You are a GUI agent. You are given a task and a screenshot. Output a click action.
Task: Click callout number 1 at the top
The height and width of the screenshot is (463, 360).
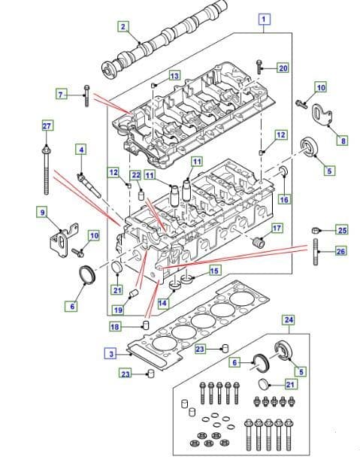coord(264,18)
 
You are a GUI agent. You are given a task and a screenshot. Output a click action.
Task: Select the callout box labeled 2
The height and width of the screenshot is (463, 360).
coord(123,27)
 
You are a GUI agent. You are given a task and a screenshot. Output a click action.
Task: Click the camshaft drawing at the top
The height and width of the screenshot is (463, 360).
coord(158,44)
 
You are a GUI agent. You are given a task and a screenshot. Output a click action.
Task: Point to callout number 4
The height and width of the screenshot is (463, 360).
coord(80,150)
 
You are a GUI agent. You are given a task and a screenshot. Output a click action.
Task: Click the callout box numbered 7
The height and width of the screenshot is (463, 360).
coord(62,94)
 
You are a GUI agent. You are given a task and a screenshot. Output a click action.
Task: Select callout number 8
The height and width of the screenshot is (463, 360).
coord(343,140)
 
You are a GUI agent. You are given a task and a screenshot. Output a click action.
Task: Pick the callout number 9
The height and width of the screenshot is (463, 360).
coord(42,213)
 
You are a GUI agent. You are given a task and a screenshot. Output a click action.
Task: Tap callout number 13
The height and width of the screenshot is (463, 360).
coord(174,76)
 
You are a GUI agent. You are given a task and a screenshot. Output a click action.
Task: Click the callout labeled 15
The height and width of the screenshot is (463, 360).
coord(214,271)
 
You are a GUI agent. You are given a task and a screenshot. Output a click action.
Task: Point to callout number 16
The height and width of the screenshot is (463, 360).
coord(283,200)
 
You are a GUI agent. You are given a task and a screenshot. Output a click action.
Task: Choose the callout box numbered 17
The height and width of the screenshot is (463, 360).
coord(277,228)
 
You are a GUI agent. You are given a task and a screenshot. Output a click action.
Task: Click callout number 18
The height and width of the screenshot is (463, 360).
coord(115,327)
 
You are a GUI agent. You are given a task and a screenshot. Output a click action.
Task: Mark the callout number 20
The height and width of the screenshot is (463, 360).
coord(283,68)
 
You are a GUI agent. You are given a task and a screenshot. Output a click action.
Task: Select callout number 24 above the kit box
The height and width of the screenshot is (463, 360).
coord(289,319)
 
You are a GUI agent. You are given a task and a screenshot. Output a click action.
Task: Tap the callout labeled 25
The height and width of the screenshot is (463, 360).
coord(342,229)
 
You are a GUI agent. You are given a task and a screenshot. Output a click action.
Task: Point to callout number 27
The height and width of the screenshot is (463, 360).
coord(47,126)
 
